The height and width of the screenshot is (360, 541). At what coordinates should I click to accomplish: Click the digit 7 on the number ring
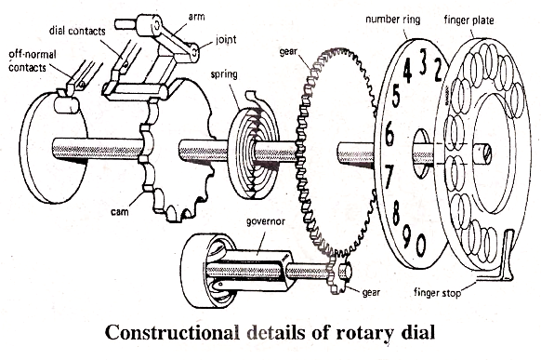(x=389, y=173)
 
